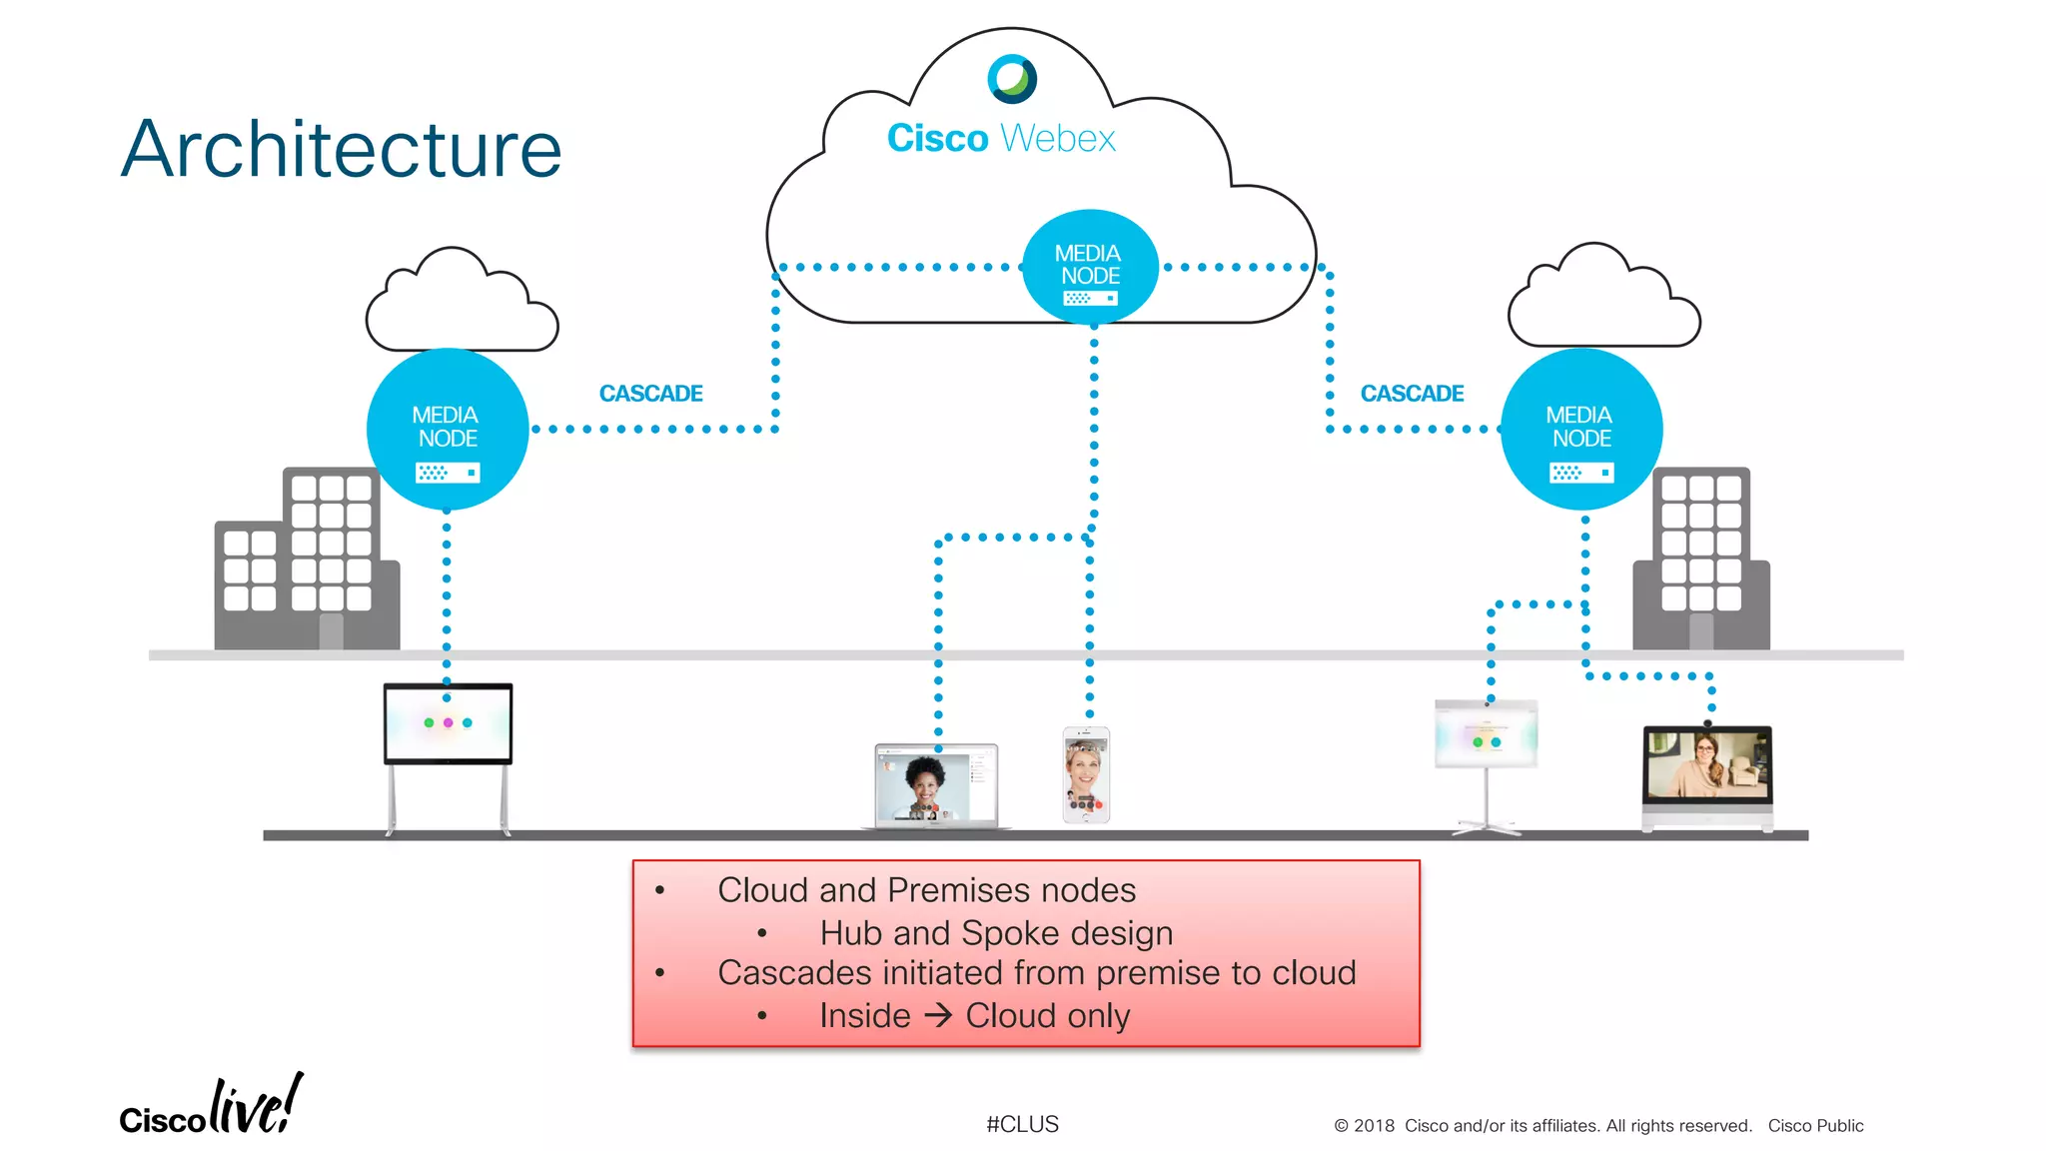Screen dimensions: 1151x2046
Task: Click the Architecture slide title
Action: (341, 150)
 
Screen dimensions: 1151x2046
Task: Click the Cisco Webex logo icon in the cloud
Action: (1012, 79)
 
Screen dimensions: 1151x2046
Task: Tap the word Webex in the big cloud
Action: (1058, 139)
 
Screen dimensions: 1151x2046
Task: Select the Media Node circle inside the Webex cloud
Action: (1090, 267)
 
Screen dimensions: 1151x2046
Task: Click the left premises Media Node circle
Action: (447, 430)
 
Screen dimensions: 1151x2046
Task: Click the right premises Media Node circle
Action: (1581, 430)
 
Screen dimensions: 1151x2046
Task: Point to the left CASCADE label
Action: (650, 394)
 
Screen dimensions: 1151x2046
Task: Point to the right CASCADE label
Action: (1412, 394)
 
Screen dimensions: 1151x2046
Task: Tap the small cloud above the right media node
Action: (1603, 301)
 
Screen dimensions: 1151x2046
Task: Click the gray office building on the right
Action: (1701, 565)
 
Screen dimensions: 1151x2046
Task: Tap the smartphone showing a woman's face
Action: (1086, 774)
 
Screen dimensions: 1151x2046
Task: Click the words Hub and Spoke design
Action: (996, 932)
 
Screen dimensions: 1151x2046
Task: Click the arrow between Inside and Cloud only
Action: (938, 1015)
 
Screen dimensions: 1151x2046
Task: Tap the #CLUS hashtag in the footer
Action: (1022, 1124)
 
